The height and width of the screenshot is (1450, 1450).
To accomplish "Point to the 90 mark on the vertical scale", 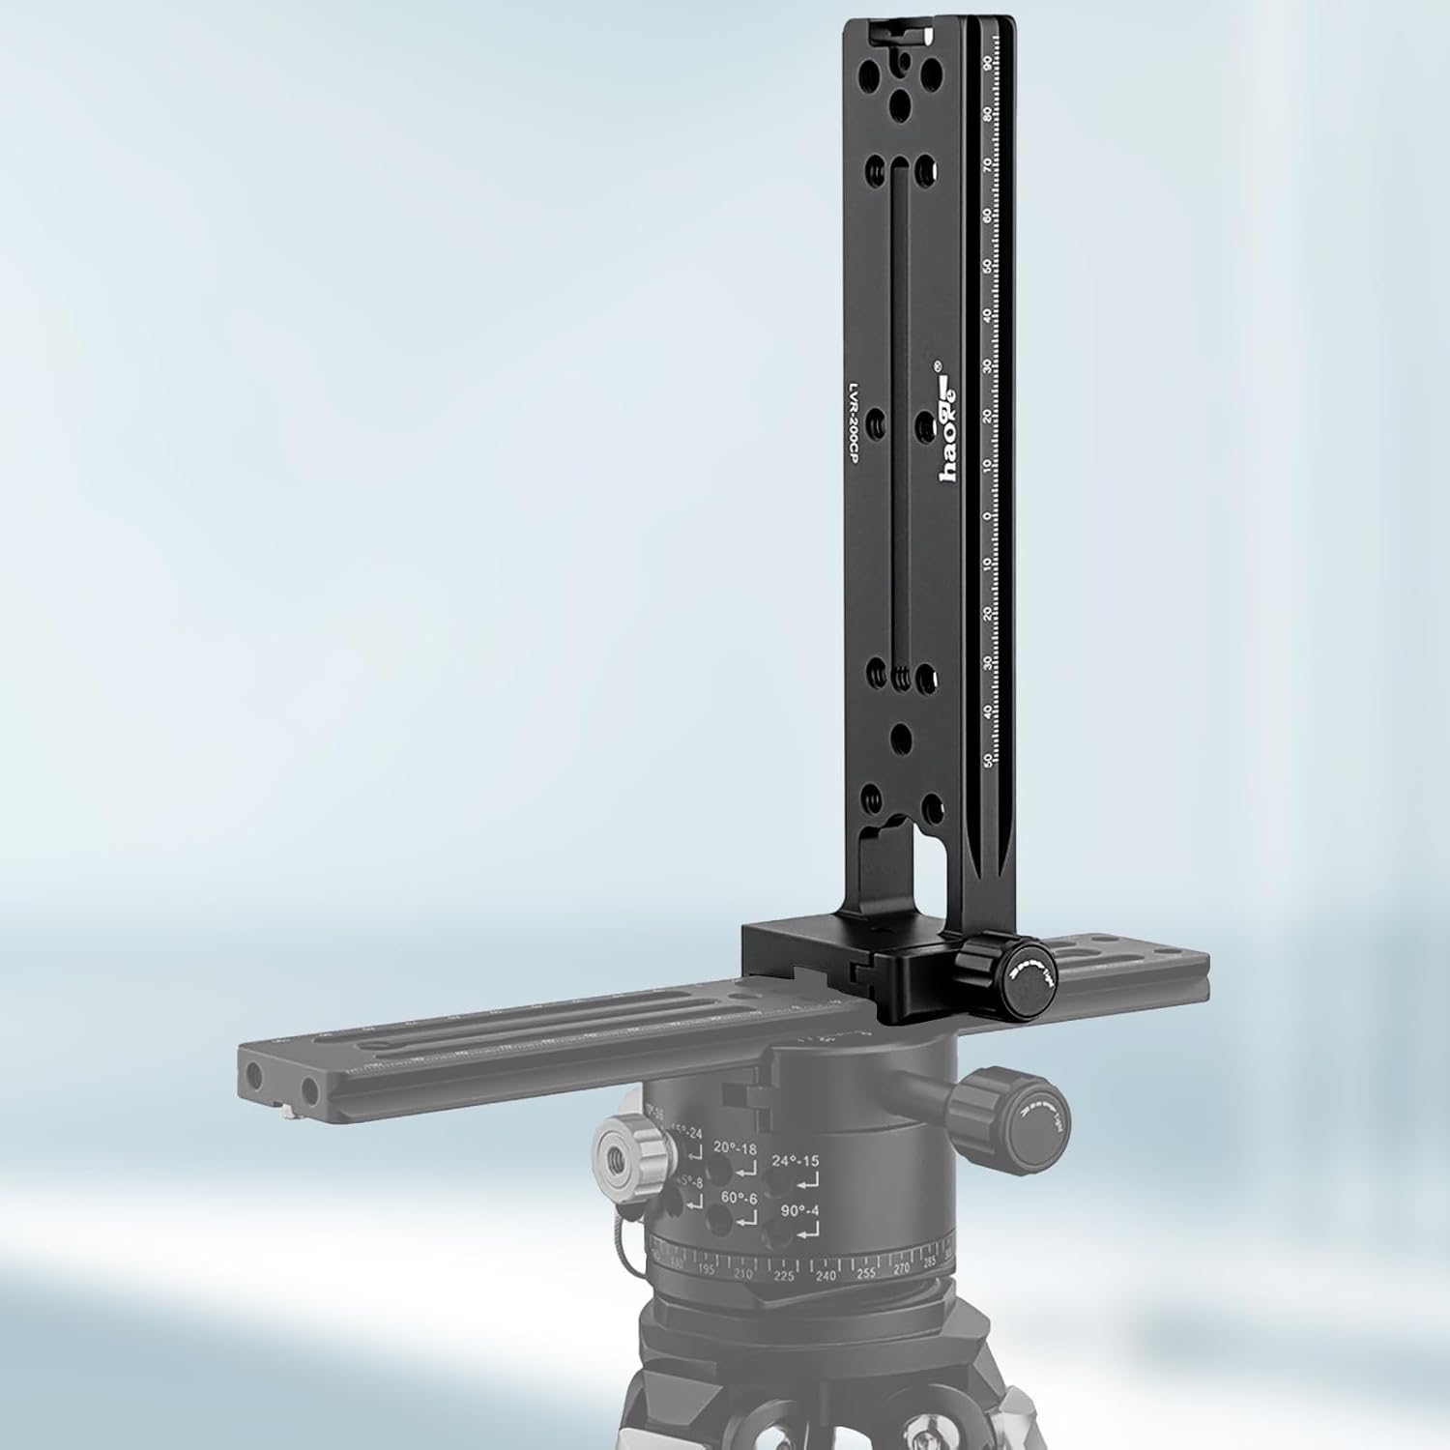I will coord(986,63).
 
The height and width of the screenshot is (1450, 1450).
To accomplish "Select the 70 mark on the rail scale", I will coord(986,164).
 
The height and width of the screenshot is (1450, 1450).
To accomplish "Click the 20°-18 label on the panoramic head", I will coord(736,1147).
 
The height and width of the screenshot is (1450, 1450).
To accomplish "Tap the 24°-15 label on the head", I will coord(795,1162).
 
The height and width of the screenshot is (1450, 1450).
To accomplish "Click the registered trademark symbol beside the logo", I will coord(936,368).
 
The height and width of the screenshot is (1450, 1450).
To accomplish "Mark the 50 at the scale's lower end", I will coord(988,760).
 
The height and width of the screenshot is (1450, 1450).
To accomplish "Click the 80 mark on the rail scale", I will coord(986,114).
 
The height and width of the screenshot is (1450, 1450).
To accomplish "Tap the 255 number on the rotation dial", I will coord(865,1273).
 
